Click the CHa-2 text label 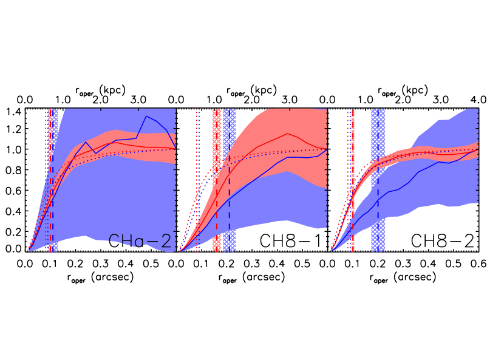[140, 242]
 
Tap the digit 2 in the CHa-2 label [165, 242]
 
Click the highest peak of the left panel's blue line [146, 116]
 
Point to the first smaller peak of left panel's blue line [86, 143]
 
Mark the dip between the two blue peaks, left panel [95, 152]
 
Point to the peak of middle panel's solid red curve [287, 134]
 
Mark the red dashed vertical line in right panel [352, 231]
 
